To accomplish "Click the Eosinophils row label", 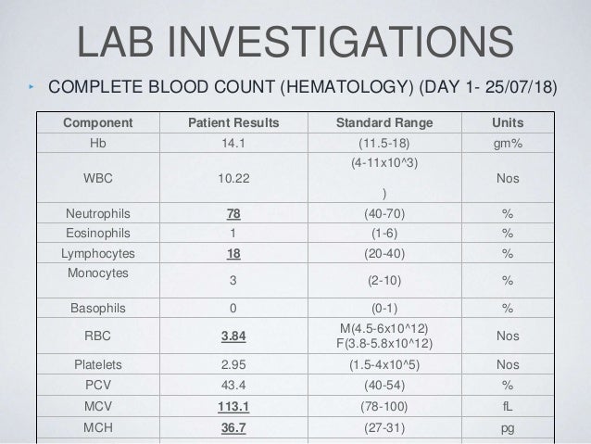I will (97, 234).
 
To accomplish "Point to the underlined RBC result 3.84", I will (233, 336).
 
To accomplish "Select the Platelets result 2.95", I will (233, 364).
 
